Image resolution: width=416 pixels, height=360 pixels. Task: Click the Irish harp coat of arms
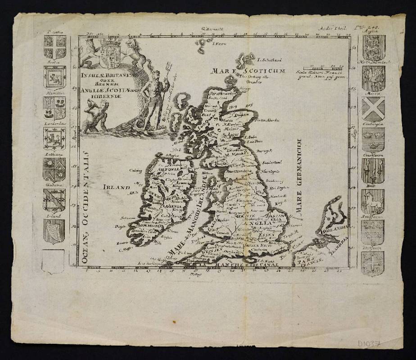coord(54,232)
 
